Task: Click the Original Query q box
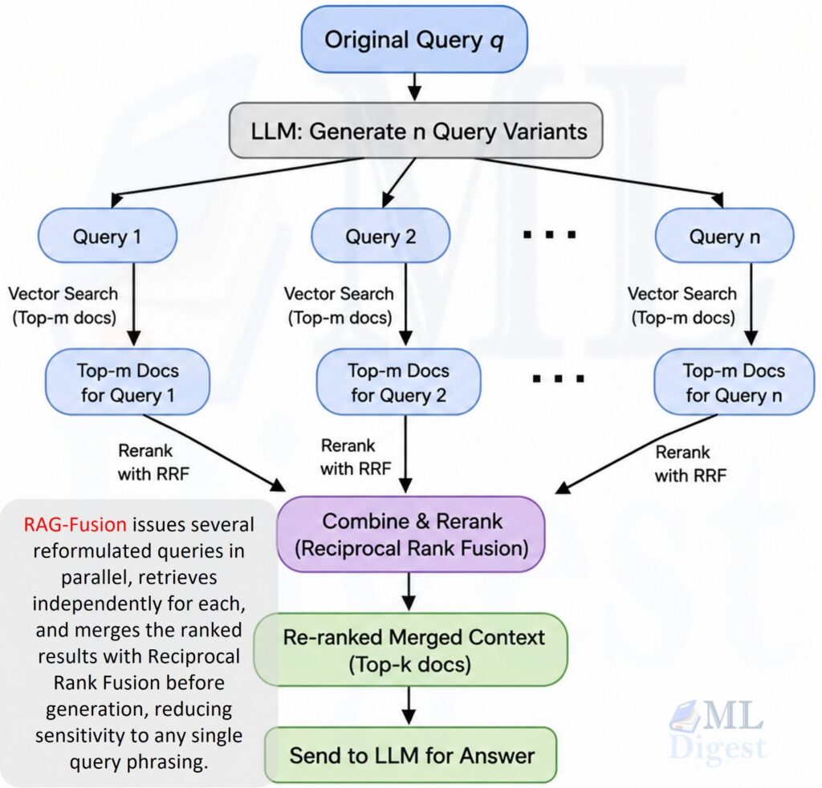(414, 40)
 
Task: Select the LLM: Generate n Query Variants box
(416, 131)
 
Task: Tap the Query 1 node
(108, 236)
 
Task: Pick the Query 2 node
(380, 236)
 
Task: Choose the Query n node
(725, 236)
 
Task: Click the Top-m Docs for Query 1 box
(128, 382)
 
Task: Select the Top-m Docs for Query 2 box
(398, 382)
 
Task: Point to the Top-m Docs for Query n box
(734, 382)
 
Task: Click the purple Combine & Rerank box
(411, 534)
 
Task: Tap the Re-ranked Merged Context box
(410, 650)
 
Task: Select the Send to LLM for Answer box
(411, 755)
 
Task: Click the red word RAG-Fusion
(75, 525)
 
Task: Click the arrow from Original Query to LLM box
(415, 87)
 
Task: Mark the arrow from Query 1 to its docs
(134, 304)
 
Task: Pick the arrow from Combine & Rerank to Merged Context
(409, 591)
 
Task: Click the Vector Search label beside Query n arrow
(682, 306)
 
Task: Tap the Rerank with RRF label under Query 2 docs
(356, 457)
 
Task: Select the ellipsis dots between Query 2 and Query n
(549, 234)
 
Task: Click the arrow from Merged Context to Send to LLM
(409, 705)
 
